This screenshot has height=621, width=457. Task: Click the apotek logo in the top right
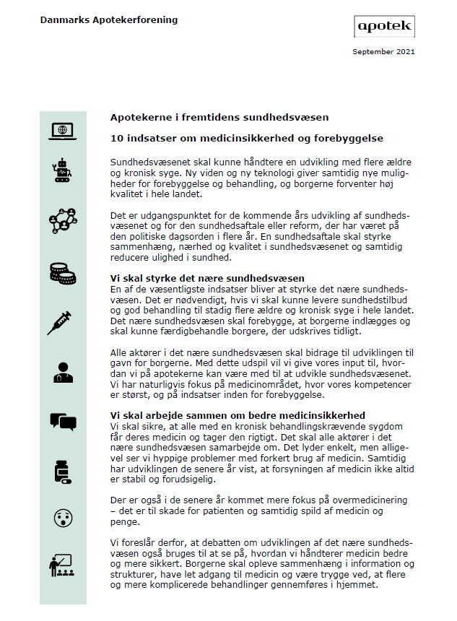[385, 26]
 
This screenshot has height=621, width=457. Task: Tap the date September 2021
[383, 51]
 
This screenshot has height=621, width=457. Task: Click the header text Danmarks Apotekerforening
[109, 20]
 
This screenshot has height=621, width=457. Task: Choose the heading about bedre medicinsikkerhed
[238, 415]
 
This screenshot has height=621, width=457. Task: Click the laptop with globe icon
[62, 131]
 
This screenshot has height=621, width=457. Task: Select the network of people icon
[62, 220]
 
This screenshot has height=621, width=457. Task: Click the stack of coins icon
[62, 272]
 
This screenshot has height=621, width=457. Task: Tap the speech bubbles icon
[62, 420]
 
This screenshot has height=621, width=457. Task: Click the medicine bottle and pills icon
[62, 471]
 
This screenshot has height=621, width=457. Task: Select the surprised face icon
[62, 517]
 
